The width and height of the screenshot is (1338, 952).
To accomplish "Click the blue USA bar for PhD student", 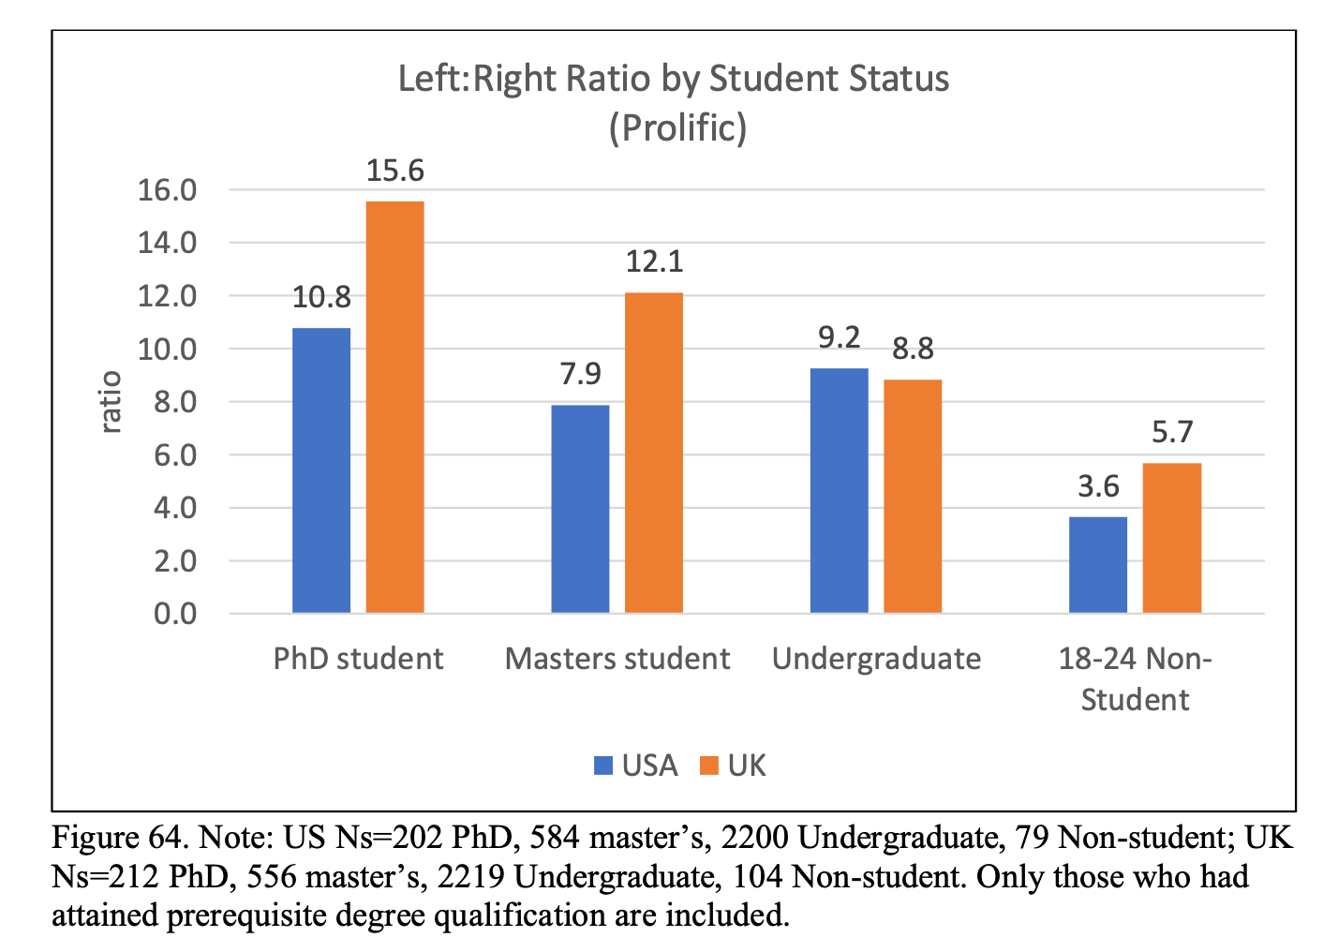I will [321, 470].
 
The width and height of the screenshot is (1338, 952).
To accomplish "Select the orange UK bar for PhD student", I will [394, 408].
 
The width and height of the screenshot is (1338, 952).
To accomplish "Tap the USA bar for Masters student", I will [580, 509].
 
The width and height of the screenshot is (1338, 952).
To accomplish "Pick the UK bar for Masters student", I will [654, 454].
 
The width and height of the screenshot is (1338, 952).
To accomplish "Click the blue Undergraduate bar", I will [839, 491].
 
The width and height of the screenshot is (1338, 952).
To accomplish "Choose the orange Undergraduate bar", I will [913, 497].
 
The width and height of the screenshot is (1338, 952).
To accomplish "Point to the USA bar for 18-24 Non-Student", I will [1098, 565].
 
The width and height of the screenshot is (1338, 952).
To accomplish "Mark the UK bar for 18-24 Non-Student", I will [1172, 538].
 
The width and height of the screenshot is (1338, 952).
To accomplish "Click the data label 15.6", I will [394, 171].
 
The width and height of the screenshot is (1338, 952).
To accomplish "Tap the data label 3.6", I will [1098, 486].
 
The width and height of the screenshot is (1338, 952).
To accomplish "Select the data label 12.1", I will [654, 261].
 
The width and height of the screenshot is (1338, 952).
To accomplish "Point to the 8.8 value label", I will [913, 350].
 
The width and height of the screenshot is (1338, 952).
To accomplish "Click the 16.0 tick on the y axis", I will [167, 191].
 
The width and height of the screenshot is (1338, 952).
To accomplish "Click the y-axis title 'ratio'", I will [111, 402].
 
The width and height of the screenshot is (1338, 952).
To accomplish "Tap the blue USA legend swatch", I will [603, 766].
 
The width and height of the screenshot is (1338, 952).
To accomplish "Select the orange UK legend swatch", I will [709, 766].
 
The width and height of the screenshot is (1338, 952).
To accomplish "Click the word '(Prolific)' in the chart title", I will [677, 127].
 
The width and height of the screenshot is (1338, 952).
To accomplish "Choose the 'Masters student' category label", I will [617, 659].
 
